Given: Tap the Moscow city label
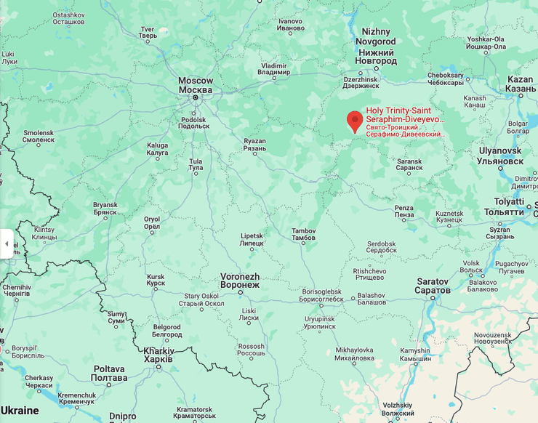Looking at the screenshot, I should click(196, 85).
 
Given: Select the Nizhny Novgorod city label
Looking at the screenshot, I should click(376, 47).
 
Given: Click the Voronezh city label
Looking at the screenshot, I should click(240, 281).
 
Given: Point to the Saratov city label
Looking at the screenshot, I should click(433, 286).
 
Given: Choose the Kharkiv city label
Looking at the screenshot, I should click(158, 355).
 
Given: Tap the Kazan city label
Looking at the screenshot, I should click(520, 84).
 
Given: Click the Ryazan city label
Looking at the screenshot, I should click(254, 144).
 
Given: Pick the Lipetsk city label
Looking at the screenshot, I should click(252, 239).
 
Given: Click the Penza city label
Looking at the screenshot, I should click(403, 211).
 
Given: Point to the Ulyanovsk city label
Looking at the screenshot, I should click(500, 156).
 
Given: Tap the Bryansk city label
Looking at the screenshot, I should click(105, 209).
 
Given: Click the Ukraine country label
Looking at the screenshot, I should click(20, 411).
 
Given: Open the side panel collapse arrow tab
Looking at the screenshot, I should click(7, 243).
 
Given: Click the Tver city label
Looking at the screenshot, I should click(148, 32).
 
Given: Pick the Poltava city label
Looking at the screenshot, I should click(110, 373).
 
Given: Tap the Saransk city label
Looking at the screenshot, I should click(409, 164).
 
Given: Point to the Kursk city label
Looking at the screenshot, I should click(156, 281).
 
